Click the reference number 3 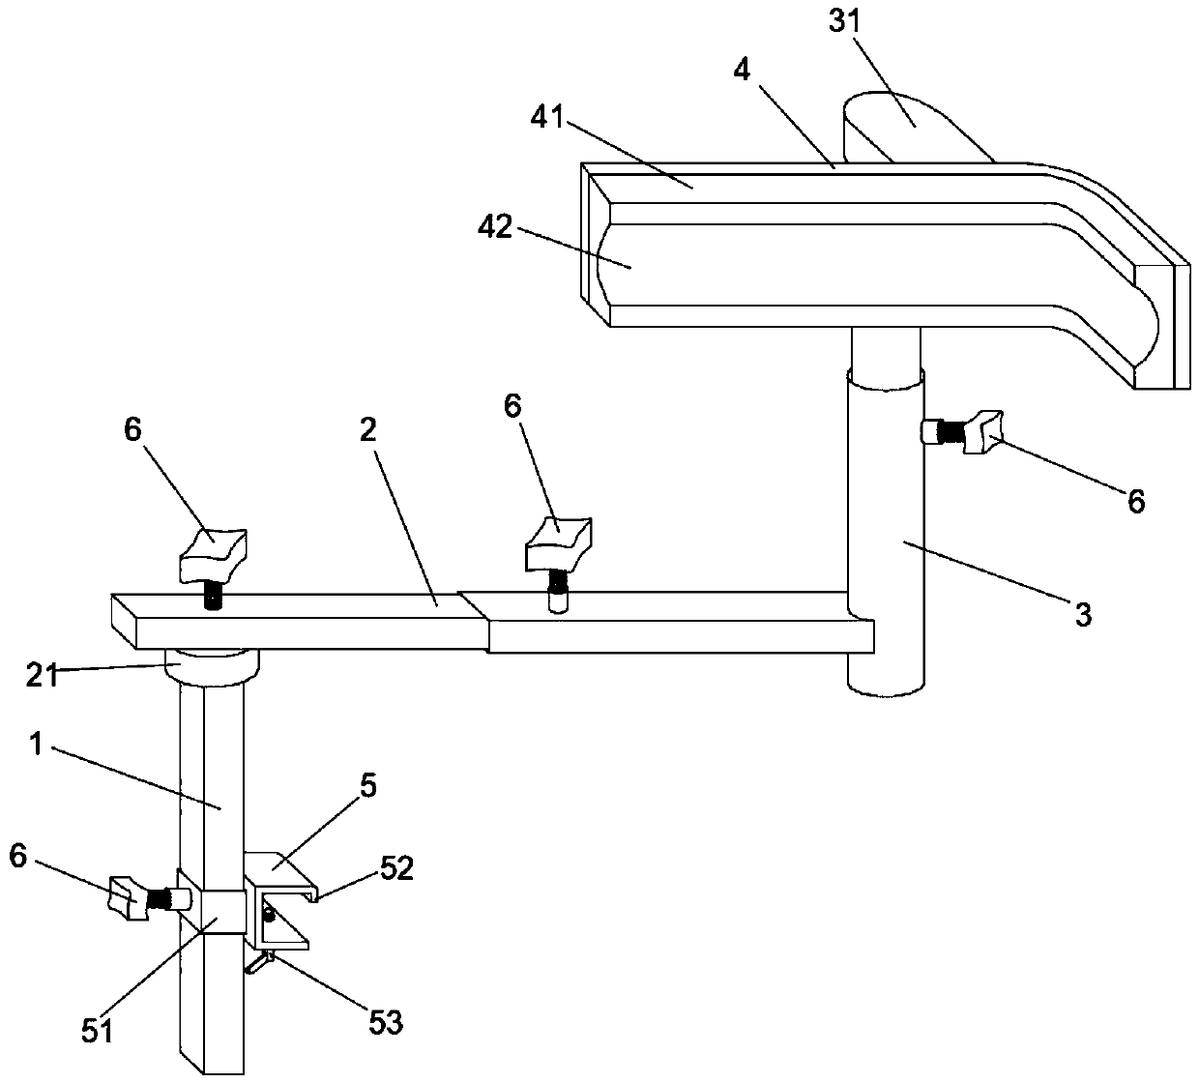(1084, 614)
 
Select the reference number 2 (367, 431)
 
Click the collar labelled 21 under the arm (213, 665)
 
